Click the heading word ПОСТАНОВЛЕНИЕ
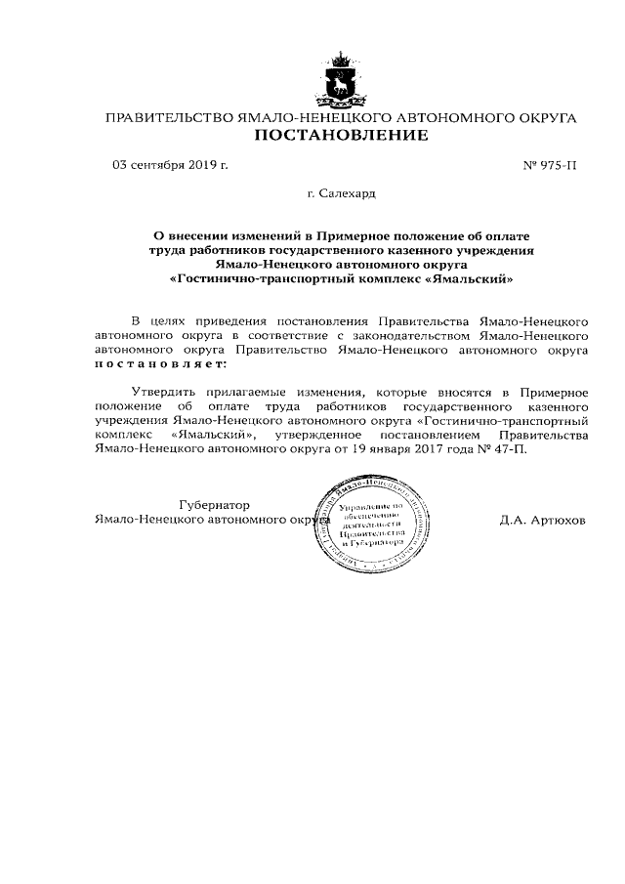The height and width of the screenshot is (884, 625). [341, 136]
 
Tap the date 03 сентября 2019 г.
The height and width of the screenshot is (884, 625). [171, 165]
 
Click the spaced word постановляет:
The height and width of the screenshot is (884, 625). [158, 362]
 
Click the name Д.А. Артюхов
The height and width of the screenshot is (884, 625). [543, 520]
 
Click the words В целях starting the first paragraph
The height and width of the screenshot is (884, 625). [155, 320]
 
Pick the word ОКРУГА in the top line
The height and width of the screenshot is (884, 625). [541, 118]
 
